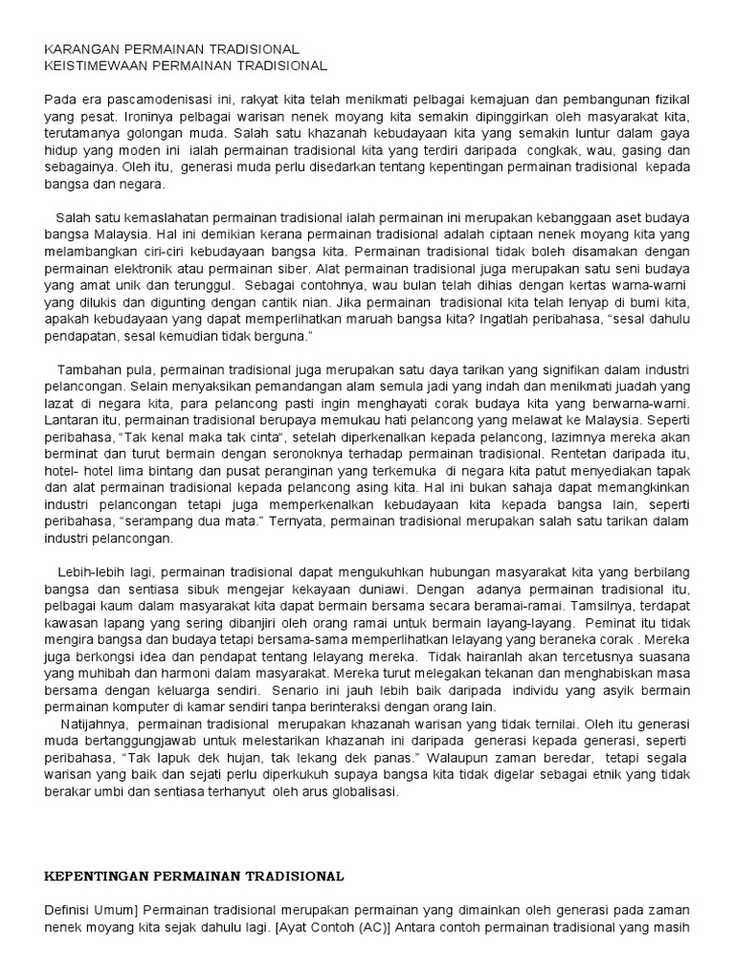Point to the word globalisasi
pos(364,792)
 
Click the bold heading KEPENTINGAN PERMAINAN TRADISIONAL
pos(195,875)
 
